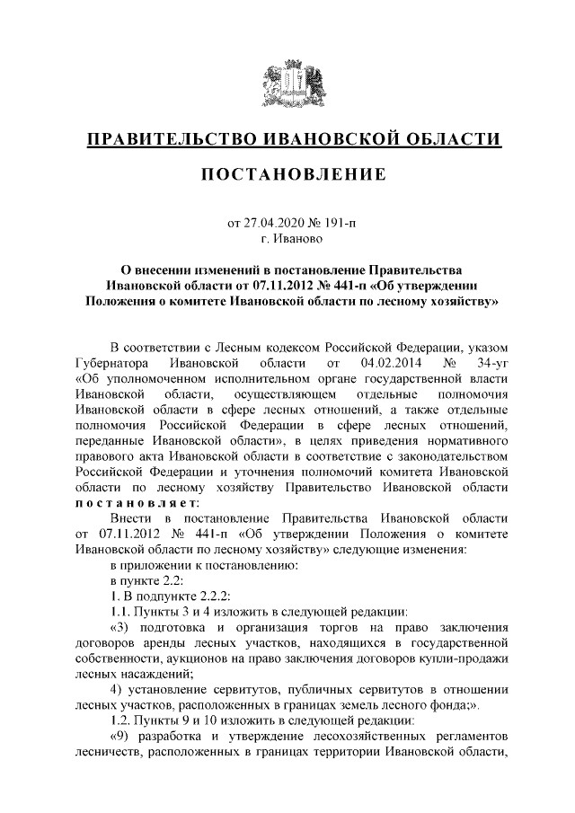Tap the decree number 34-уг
pyautogui.click(x=493, y=362)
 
